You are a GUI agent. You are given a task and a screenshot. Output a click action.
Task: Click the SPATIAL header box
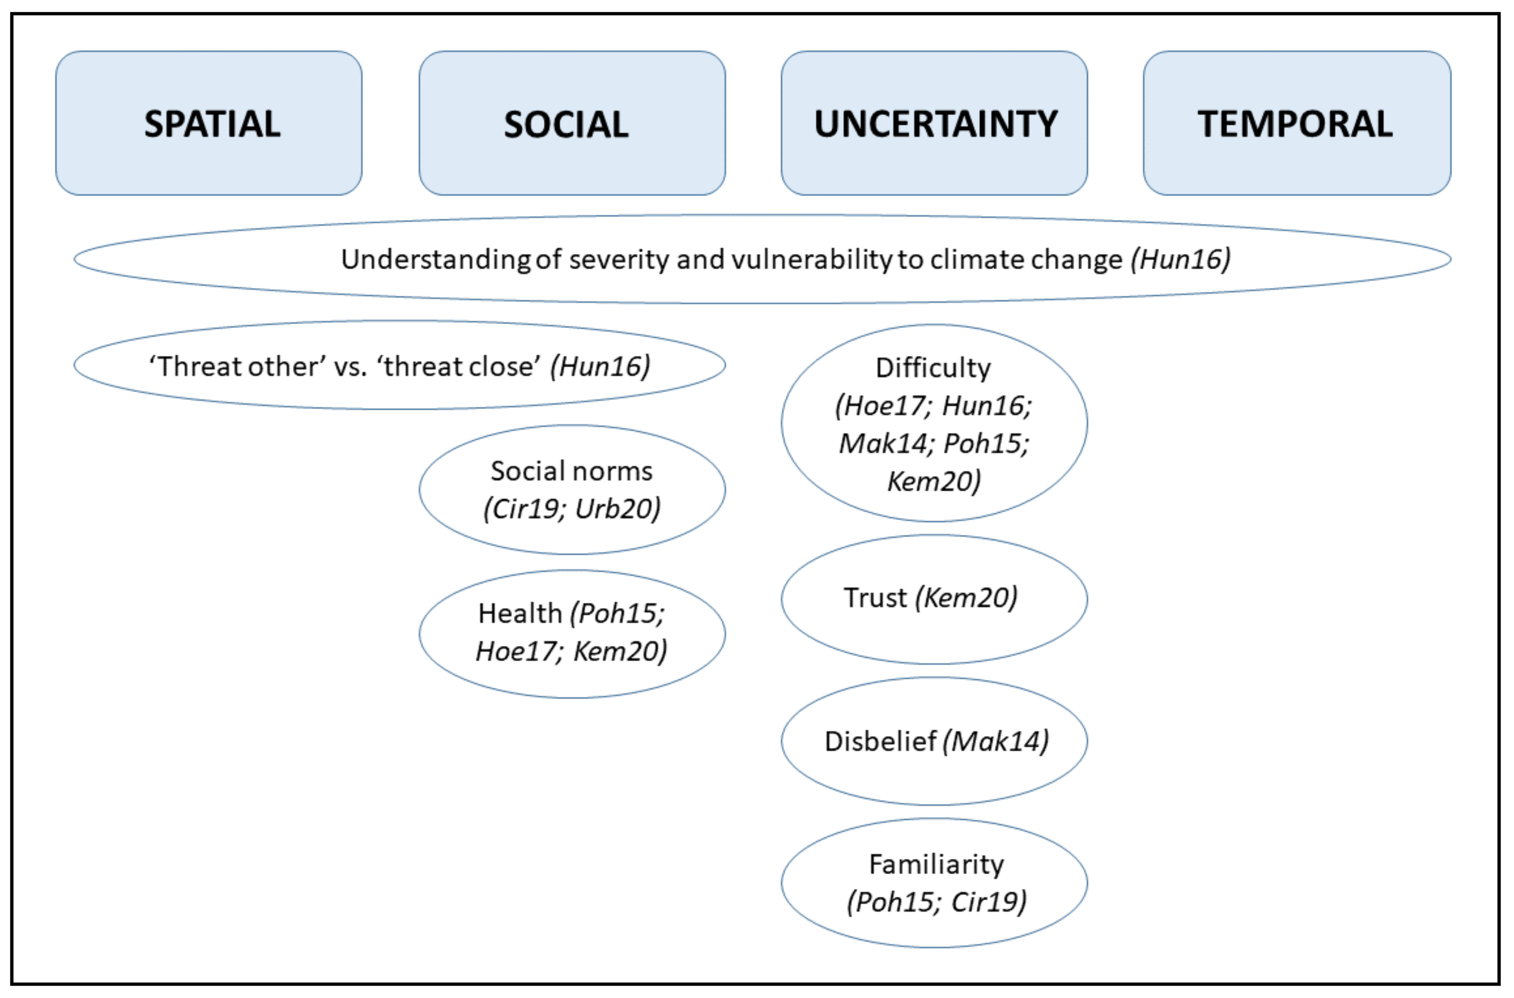(x=209, y=124)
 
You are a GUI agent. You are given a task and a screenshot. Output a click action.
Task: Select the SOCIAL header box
(x=572, y=124)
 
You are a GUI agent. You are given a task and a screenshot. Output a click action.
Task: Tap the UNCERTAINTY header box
(x=934, y=124)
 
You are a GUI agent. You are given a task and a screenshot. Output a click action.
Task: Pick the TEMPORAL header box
(x=1297, y=124)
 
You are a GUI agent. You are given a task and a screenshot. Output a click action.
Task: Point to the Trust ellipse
(x=934, y=599)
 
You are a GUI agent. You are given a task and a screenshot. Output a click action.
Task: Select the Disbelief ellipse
(x=934, y=741)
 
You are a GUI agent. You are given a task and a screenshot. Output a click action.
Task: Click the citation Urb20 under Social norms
(x=616, y=509)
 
